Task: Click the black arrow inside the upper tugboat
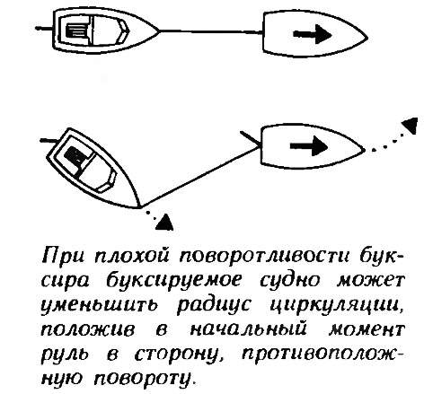(x=312, y=34)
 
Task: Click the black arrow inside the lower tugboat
(x=309, y=146)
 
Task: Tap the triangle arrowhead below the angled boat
(x=164, y=222)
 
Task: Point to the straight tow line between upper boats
(x=211, y=31)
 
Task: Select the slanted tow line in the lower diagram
(x=199, y=177)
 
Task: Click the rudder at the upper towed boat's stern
(x=44, y=29)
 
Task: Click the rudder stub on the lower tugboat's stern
(x=250, y=138)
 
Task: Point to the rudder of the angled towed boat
(x=48, y=140)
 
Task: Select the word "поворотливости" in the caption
(x=264, y=257)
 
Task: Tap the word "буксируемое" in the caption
(x=174, y=282)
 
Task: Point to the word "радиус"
(x=214, y=306)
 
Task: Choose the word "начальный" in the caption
(x=249, y=329)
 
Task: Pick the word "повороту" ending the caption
(x=143, y=379)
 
